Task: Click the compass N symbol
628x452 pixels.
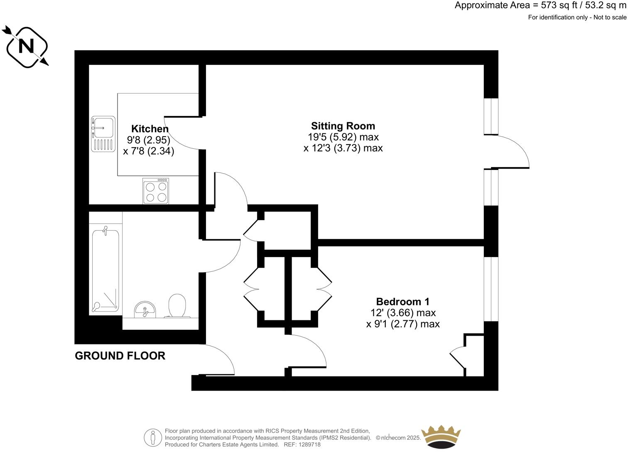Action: pos(27,46)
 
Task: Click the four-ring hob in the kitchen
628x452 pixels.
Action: pos(156,191)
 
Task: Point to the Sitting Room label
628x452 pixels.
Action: pos(343,126)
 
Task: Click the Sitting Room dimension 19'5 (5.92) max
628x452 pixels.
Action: pos(343,137)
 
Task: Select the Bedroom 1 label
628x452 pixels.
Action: pos(402,302)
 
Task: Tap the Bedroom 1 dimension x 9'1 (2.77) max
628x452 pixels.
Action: pos(402,324)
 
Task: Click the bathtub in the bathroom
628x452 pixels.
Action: pos(105,270)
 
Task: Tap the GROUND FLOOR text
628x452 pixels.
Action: pos(120,356)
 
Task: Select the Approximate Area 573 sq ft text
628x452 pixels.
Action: pos(540,5)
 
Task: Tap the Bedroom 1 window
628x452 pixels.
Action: pos(491,289)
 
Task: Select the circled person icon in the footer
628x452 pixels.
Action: pos(153,438)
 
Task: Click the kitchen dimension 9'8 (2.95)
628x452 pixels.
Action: pos(149,140)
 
